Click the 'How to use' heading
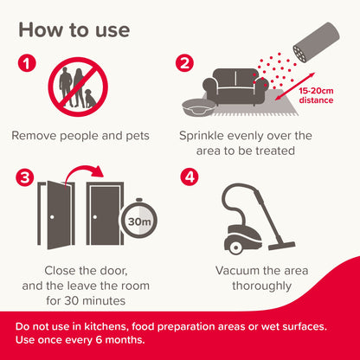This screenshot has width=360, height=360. point(74,29)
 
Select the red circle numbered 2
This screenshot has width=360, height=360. point(184,64)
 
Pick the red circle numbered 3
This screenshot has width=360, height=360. point(27,178)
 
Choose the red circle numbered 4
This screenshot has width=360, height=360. point(190,178)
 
